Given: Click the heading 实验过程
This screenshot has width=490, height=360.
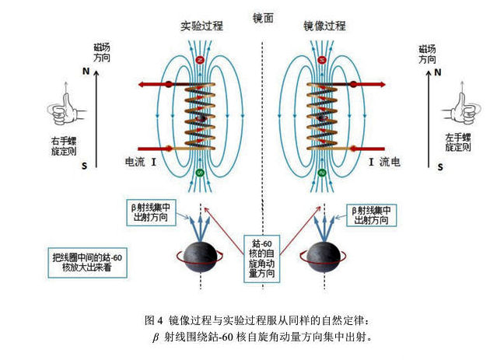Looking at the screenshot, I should (x=201, y=26).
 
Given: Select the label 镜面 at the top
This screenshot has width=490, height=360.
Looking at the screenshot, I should (x=263, y=17).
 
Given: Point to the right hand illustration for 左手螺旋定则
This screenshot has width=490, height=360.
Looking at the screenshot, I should (x=457, y=108).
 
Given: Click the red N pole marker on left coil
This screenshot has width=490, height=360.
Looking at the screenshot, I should (x=201, y=60).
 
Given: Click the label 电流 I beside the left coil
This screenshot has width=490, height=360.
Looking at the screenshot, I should (x=142, y=163).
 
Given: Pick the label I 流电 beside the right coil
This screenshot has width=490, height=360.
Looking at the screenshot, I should (x=384, y=163).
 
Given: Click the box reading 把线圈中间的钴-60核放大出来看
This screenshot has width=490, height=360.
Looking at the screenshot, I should (x=83, y=262).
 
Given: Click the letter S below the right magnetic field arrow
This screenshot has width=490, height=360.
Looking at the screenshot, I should (x=441, y=166).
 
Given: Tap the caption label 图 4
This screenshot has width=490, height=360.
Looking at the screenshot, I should (x=154, y=320).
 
